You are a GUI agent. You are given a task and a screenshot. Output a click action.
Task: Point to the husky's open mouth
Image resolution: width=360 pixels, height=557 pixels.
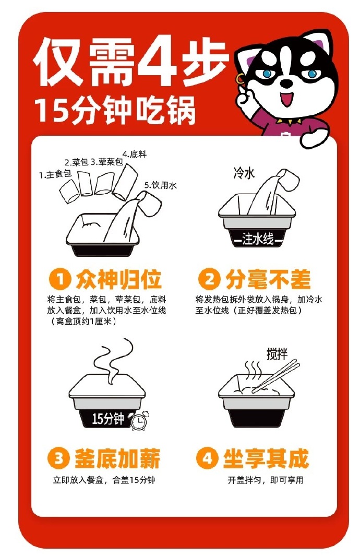click(287, 99)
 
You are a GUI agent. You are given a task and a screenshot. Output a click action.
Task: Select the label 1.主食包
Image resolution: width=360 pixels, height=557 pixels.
click(55, 174)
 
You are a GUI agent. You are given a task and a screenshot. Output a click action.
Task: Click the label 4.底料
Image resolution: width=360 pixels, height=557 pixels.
click(135, 155)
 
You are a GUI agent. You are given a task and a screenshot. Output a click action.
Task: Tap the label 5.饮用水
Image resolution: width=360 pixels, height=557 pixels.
click(160, 185)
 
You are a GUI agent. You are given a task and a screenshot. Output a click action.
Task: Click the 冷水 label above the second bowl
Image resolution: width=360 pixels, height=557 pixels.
click(244, 173)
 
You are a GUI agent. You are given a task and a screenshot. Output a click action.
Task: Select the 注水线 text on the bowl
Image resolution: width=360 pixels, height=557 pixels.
click(258, 239)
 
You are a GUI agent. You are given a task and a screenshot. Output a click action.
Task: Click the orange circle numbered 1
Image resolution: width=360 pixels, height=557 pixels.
click(60, 279)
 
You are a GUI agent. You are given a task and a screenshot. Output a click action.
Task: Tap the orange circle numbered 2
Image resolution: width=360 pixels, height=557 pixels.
click(209, 279)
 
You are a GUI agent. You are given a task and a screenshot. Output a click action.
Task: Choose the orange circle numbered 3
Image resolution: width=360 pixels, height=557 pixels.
click(58, 458)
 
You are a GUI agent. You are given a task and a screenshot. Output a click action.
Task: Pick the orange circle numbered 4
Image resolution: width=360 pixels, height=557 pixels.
click(207, 458)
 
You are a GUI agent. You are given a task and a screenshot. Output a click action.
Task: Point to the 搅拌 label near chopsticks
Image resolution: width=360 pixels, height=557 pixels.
click(277, 354)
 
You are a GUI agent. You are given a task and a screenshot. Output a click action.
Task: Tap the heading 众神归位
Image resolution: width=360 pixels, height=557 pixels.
click(118, 280)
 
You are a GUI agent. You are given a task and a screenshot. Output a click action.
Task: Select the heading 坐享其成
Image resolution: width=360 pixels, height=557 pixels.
click(266, 458)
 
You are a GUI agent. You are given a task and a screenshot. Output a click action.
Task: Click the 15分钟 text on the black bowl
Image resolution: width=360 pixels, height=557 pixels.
click(107, 419)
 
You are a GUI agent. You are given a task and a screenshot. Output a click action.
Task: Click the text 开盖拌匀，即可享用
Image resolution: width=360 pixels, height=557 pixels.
click(266, 480)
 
